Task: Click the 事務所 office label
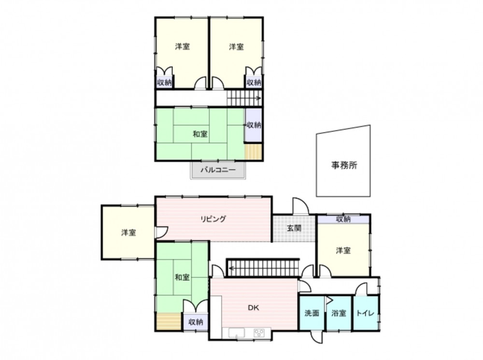[x=344, y=165]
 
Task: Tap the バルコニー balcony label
[x=218, y=170]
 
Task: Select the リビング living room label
[x=213, y=219]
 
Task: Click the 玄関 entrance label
[x=294, y=229]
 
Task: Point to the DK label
[x=254, y=308]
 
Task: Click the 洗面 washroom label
[x=312, y=313]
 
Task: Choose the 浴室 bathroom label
[x=339, y=313]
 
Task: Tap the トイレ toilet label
[x=365, y=313]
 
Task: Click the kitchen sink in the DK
[x=237, y=333]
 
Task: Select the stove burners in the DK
[x=259, y=333]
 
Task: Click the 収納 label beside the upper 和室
[x=254, y=125]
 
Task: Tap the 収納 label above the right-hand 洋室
[x=343, y=219]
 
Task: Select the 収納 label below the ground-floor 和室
[x=196, y=322]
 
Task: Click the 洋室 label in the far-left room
[x=128, y=232]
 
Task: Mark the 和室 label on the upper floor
[x=200, y=134]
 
